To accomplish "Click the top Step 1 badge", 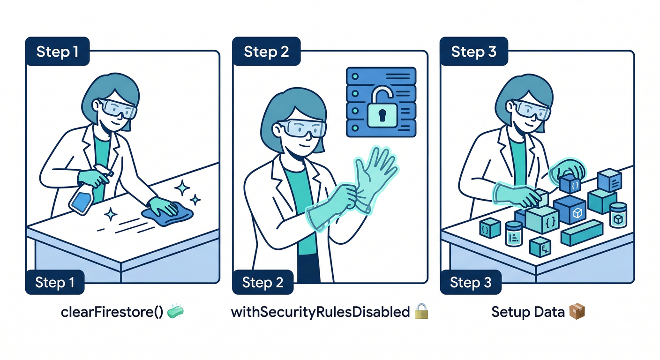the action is pyautogui.click(x=57, y=51).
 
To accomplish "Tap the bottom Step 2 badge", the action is pyautogui.click(x=263, y=282).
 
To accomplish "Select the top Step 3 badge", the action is pyautogui.click(x=474, y=51).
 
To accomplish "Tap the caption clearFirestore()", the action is pyautogui.click(x=112, y=312).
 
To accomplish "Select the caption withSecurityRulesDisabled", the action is pyautogui.click(x=320, y=312).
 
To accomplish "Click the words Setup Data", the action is pyautogui.click(x=528, y=312).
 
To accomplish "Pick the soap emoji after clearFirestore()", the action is pyautogui.click(x=175, y=311).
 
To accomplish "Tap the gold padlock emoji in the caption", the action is pyautogui.click(x=421, y=311).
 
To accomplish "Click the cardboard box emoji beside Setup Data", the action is pyautogui.click(x=577, y=312).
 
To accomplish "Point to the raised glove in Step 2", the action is pyautogui.click(x=375, y=177).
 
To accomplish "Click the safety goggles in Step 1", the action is pyautogui.click(x=117, y=108).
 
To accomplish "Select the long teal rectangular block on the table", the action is pyautogui.click(x=582, y=232).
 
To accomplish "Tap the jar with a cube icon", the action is pyautogui.click(x=618, y=215).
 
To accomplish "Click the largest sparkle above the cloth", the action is pyautogui.click(x=182, y=187).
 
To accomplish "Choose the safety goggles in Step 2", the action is pyautogui.click(x=303, y=129).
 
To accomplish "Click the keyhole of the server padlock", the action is pyautogui.click(x=382, y=115).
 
